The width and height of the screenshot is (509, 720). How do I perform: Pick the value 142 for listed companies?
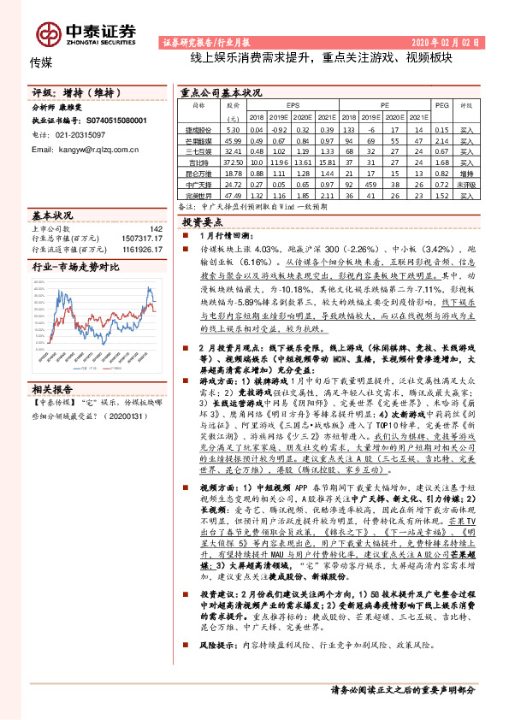(x=156, y=228)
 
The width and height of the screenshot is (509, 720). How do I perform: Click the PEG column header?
(x=441, y=105)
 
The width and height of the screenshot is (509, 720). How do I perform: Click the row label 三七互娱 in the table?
(x=198, y=150)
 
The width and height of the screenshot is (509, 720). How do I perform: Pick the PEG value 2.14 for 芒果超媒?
(x=441, y=139)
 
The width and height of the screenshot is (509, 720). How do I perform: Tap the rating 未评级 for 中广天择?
(x=466, y=183)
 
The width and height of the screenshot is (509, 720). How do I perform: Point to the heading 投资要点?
(x=204, y=221)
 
